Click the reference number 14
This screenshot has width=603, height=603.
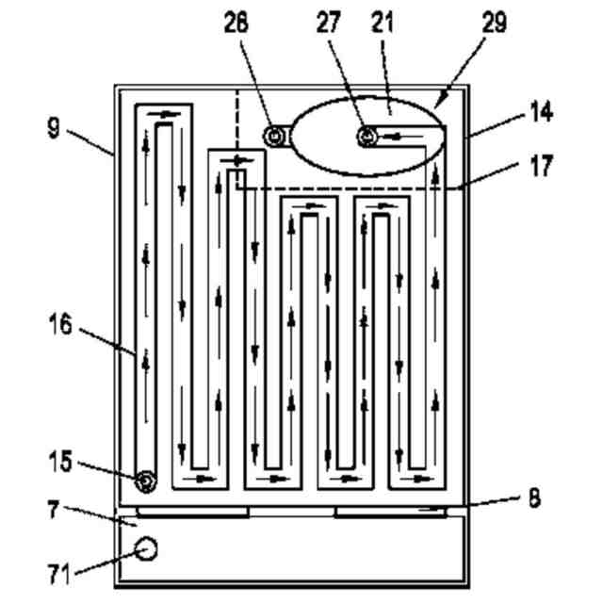pos(540,113)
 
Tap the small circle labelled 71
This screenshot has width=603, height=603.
pos(145,547)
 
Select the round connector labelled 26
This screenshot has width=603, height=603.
pos(274,138)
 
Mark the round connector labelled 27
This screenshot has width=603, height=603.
pos(367,138)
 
